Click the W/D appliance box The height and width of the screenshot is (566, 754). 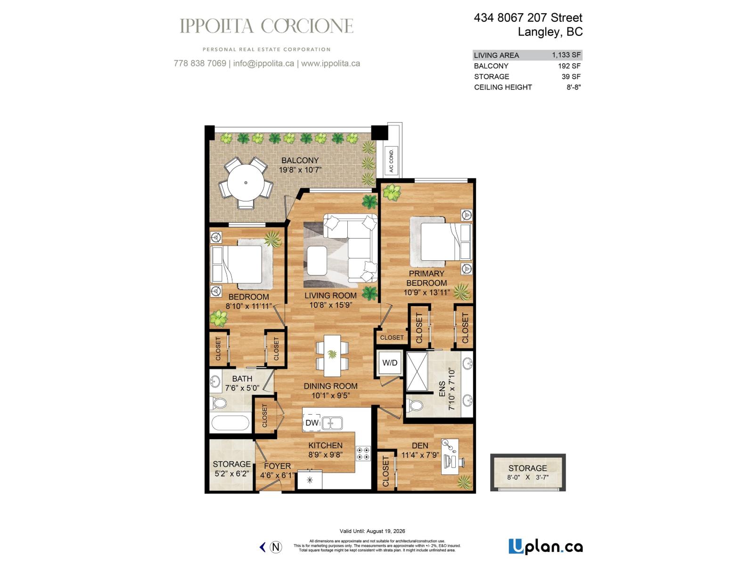(x=390, y=363)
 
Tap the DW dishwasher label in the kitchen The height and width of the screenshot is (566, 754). (x=312, y=423)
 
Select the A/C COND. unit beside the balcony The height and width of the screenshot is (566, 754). (x=392, y=161)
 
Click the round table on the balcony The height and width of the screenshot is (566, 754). (x=246, y=183)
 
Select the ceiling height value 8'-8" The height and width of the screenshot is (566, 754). (x=574, y=87)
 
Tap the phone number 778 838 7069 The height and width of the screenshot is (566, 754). (x=200, y=63)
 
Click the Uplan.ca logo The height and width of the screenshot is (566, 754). (x=545, y=547)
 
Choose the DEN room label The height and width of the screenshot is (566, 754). (x=419, y=445)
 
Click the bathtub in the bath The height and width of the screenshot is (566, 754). (x=230, y=423)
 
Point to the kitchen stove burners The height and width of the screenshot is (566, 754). (x=363, y=453)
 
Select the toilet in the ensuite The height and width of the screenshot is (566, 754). (x=415, y=405)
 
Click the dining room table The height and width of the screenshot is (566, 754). (x=332, y=353)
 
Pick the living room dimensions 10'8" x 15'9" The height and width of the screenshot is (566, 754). (x=330, y=305)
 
